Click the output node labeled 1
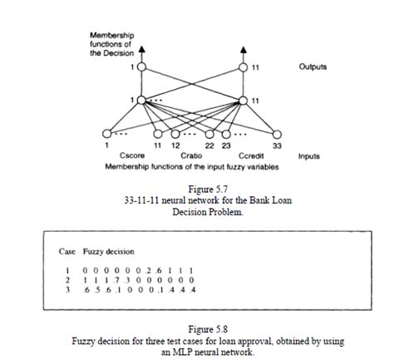coord(141,67)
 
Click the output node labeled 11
coord(244,67)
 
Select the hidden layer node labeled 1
coord(141,101)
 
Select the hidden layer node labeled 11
coord(244,101)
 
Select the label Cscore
coord(133,155)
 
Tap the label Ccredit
coord(251,155)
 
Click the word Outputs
coord(313,67)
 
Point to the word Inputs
coord(308,155)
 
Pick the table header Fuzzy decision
coord(108,251)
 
